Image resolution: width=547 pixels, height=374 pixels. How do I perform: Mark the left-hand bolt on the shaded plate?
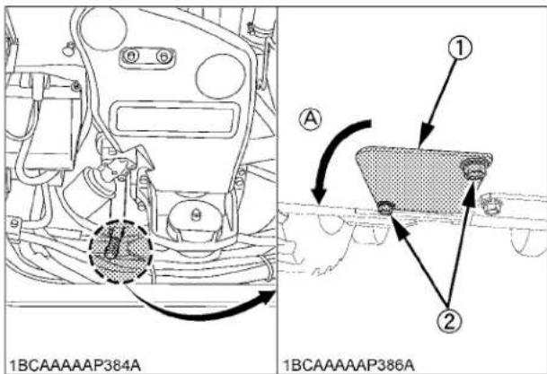386,209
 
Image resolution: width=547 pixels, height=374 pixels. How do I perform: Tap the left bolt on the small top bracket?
132,57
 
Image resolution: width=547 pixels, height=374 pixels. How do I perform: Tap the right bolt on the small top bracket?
163,57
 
